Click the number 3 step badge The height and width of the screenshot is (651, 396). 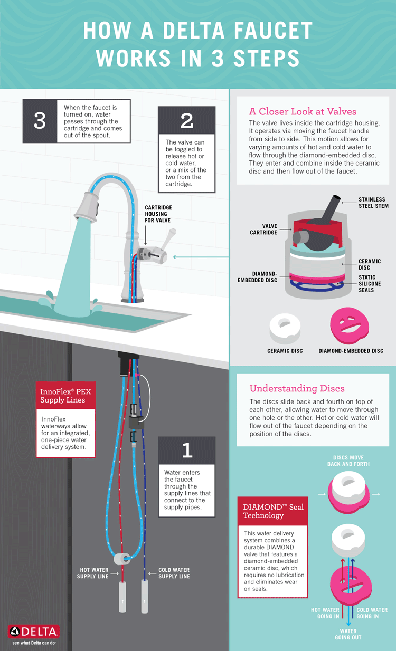pyautogui.click(x=40, y=121)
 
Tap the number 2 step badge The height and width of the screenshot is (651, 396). pyautogui.click(x=187, y=120)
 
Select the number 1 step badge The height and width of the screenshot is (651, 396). pyautogui.click(x=187, y=450)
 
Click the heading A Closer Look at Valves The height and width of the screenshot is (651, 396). pyautogui.click(x=303, y=111)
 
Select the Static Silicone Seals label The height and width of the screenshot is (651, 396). pyautogui.click(x=370, y=284)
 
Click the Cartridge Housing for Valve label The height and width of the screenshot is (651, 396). pyautogui.click(x=158, y=214)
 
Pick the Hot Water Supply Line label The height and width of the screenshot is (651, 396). pyautogui.click(x=94, y=573)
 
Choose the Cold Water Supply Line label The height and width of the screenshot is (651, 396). pyautogui.click(x=174, y=573)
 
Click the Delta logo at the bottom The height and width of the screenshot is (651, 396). pyautogui.click(x=34, y=632)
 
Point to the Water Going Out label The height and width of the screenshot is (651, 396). pyautogui.click(x=348, y=634)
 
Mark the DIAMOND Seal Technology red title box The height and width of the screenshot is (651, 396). pyautogui.click(x=273, y=511)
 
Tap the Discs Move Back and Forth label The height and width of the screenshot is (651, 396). pyautogui.click(x=348, y=461)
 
